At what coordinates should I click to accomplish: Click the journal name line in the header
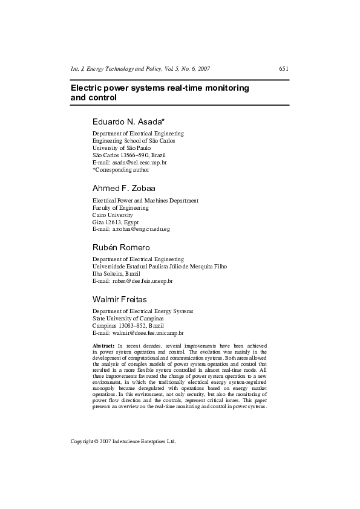click(x=140, y=69)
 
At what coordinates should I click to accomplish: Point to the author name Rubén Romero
click(x=121, y=247)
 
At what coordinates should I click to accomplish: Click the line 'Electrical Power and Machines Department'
click(x=145, y=200)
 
